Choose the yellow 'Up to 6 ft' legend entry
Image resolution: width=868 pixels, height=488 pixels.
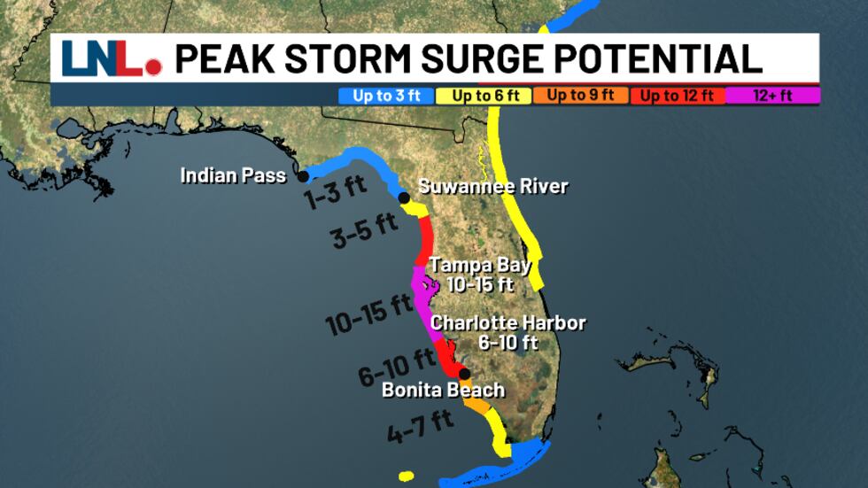pos(484,96)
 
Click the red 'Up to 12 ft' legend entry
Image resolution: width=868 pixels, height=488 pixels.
pos(677,96)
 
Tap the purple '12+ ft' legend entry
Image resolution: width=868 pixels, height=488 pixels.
pos(773,96)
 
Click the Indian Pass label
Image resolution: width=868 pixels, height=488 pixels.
pos(233,175)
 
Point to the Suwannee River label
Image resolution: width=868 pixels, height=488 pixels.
pos(492,187)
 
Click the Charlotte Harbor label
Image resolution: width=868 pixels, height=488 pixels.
pos(508,323)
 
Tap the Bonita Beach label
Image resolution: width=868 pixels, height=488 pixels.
pos(443,390)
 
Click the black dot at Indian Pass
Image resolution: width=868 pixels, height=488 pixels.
pos(303,176)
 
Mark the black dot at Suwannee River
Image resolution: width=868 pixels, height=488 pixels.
pos(404,198)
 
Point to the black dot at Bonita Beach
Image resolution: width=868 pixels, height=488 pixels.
pos(464,374)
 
